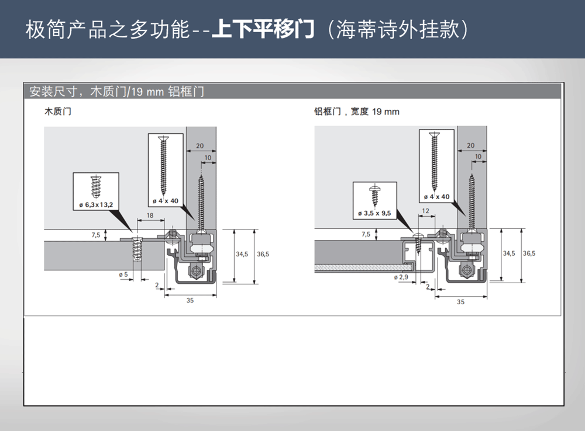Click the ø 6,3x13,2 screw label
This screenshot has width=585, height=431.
click(96, 204)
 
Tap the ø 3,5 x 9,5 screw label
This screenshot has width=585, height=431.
click(374, 213)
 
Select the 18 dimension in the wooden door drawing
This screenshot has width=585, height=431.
click(150, 215)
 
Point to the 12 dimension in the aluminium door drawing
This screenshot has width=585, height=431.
click(426, 211)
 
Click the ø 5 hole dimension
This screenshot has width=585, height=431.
click(123, 274)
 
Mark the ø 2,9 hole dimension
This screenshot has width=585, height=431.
click(401, 277)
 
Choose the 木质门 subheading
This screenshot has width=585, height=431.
click(58, 112)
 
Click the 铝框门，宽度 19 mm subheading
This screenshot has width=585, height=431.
click(357, 112)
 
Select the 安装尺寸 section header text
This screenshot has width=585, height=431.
click(53, 91)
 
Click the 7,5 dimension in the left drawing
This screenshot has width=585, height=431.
click(96, 235)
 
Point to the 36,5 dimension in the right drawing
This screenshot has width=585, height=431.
click(529, 253)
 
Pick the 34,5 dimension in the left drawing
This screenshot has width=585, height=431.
click(242, 254)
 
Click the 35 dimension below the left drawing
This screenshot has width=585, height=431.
click(190, 300)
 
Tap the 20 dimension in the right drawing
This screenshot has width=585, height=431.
click(471, 145)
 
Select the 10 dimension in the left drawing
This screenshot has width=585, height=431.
click(208, 158)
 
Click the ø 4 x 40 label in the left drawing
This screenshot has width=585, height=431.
click(166, 201)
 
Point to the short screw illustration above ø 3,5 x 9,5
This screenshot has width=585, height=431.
click(374, 195)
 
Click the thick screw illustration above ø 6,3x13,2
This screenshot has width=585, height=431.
click(96, 187)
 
